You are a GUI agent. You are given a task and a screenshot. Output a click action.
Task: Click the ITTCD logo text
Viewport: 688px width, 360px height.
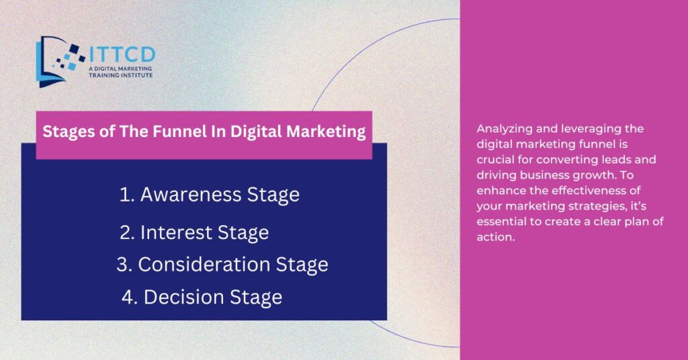[x=122, y=54]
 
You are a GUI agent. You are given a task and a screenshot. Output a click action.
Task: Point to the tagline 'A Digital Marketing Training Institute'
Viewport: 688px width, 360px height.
[x=120, y=72]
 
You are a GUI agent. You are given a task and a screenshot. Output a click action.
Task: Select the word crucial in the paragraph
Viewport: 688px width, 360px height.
[x=495, y=159]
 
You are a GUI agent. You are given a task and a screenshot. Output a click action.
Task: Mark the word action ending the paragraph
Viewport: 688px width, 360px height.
[x=495, y=237]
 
